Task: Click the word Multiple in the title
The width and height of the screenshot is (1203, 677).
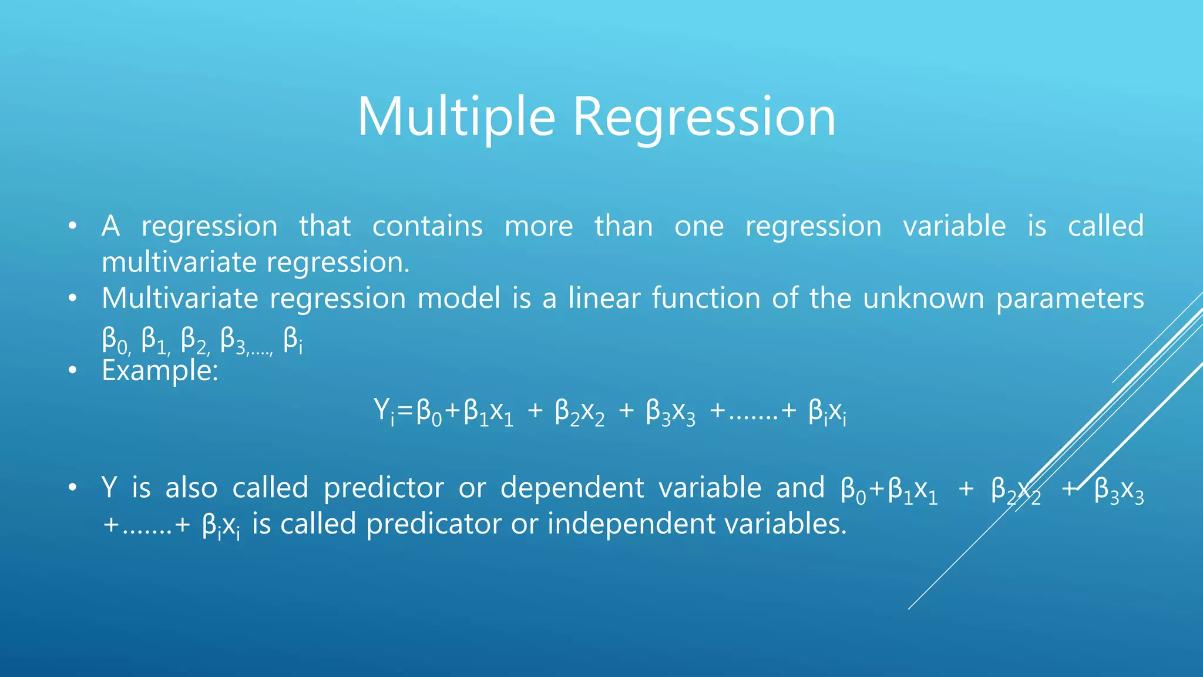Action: pyautogui.click(x=456, y=118)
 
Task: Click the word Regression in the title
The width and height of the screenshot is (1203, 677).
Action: pyautogui.click(x=704, y=118)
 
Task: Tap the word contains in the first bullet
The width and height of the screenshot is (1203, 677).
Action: pyautogui.click(x=427, y=226)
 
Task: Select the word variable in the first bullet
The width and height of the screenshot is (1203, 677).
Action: pyautogui.click(x=954, y=226)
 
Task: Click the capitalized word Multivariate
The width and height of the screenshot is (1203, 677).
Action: pyautogui.click(x=180, y=299)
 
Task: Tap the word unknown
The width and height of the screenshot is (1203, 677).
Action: pyautogui.click(x=923, y=299)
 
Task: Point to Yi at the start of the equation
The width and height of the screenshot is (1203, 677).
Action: pyautogui.click(x=384, y=411)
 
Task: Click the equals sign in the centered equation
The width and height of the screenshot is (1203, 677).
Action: pyautogui.click(x=405, y=411)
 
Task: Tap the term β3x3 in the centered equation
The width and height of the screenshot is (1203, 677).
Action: pyautogui.click(x=670, y=411)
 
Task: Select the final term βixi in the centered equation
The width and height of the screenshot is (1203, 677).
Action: pyautogui.click(x=827, y=411)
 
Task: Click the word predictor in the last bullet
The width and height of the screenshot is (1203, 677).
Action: pyautogui.click(x=384, y=488)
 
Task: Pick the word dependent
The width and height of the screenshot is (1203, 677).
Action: pyautogui.click(x=572, y=488)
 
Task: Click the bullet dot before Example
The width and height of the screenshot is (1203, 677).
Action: pyautogui.click(x=72, y=371)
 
